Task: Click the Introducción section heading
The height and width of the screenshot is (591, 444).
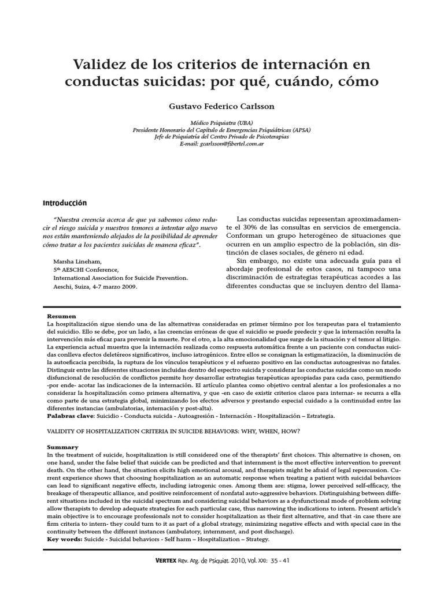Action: (x=65, y=203)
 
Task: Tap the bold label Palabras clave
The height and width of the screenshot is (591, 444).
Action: (x=71, y=414)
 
